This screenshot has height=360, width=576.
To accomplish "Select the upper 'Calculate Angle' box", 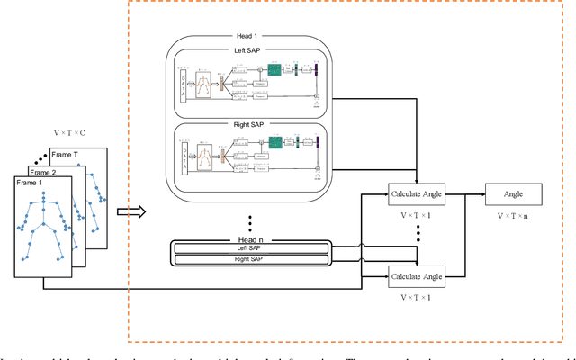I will pos(418,193).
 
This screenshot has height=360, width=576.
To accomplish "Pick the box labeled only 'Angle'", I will pos(515,193).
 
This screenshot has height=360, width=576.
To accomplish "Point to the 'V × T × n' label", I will pos(515,216).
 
